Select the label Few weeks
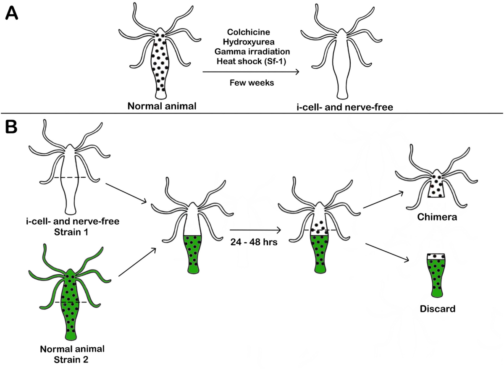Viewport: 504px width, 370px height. click(x=251, y=83)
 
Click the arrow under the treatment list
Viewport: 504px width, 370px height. click(x=251, y=72)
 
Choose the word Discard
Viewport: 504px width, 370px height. click(x=437, y=310)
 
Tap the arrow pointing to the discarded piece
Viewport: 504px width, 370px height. click(x=386, y=252)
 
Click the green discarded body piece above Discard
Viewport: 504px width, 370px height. click(x=437, y=277)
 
